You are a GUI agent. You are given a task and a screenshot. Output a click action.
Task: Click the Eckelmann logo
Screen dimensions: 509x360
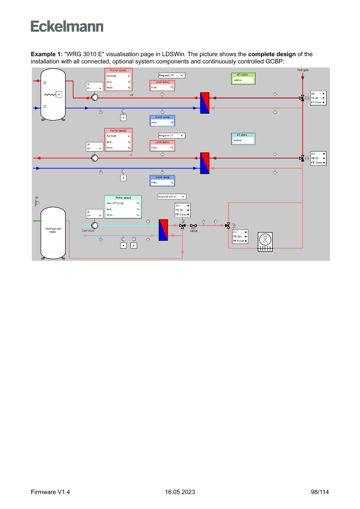tap(67, 26)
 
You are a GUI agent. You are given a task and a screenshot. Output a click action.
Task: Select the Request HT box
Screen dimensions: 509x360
tap(171, 75)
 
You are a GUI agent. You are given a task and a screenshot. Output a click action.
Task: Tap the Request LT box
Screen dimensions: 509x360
tap(171, 135)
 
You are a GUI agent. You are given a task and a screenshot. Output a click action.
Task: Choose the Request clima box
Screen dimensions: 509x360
tap(171, 196)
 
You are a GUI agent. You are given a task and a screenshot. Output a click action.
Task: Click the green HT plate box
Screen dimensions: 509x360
tap(243, 78)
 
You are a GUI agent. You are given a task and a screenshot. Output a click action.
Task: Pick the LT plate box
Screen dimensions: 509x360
tap(243, 138)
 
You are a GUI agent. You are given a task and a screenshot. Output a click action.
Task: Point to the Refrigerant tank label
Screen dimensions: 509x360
tap(53, 229)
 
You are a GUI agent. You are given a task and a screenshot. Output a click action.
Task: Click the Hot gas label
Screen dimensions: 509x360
tap(303, 70)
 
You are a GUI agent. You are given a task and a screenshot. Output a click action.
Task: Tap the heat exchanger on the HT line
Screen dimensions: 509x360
tap(205, 103)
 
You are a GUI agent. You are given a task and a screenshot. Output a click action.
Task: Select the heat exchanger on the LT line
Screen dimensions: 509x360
tap(205, 163)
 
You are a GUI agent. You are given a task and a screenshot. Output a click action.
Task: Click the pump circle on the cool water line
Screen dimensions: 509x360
tap(95, 225)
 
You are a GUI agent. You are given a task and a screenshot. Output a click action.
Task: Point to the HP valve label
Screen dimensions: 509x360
tap(194, 229)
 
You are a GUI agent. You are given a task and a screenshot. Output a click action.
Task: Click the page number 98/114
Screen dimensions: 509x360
tap(320, 492)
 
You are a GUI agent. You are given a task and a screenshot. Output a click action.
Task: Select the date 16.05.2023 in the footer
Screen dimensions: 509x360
tap(180, 492)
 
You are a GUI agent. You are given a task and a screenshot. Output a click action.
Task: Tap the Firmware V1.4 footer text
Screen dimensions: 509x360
tap(50, 492)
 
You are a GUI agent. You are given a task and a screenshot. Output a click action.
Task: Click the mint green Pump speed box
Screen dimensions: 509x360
tap(124, 207)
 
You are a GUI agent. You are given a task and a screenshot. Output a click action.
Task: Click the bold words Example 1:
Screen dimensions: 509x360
tap(47, 54)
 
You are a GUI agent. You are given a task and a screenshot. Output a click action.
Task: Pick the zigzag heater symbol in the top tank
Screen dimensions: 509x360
tap(50, 94)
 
